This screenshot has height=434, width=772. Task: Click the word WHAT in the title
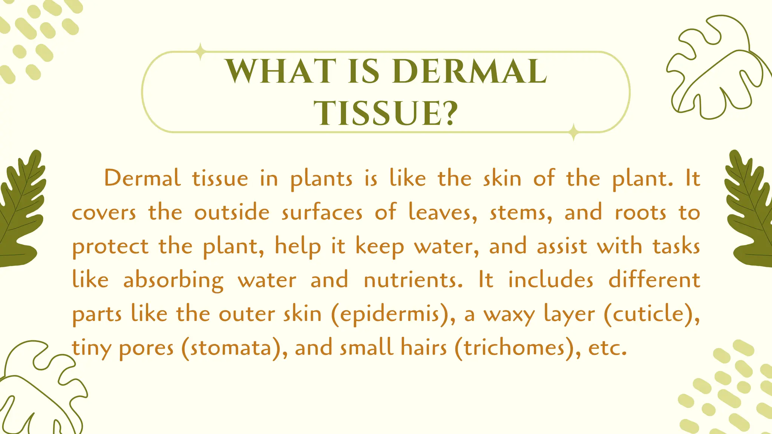click(281, 71)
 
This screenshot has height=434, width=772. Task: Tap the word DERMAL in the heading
click(469, 71)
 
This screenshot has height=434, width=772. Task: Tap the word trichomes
click(514, 348)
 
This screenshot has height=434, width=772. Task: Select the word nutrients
click(413, 280)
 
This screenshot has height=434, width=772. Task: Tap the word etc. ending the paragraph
click(607, 348)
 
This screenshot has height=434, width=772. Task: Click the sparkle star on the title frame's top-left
click(201, 52)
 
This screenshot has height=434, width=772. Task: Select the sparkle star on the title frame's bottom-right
click(573, 132)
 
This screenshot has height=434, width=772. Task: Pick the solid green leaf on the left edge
click(21, 211)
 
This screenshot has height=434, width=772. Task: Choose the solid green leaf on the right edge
click(750, 211)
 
